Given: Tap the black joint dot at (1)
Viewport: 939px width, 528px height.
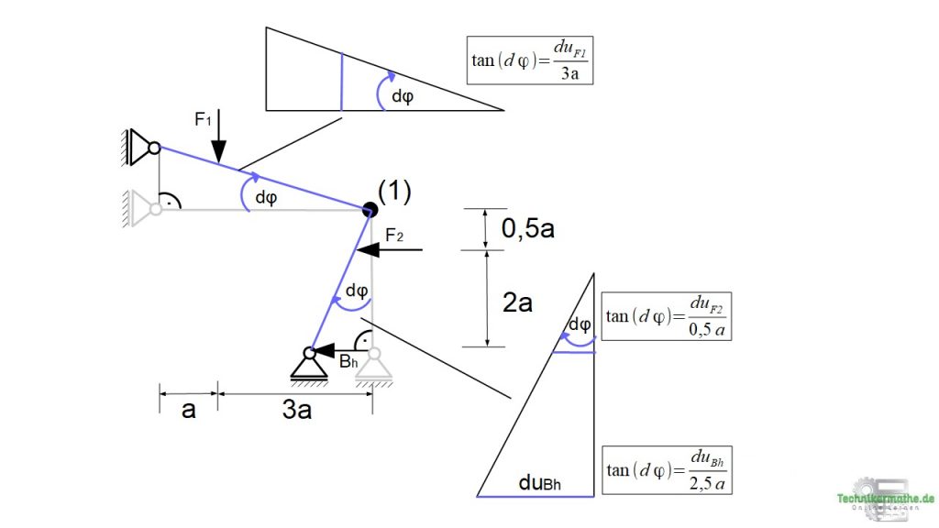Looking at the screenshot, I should pyautogui.click(x=369, y=210).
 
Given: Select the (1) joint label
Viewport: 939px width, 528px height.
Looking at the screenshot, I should pyautogui.click(x=394, y=192).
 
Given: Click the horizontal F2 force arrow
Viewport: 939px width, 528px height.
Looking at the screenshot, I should pyautogui.click(x=390, y=248).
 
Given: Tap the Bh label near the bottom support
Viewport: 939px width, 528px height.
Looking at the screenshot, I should pyautogui.click(x=348, y=362).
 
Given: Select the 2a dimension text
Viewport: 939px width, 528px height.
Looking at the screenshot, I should pyautogui.click(x=518, y=301).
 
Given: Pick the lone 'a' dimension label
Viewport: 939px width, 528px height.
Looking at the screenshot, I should pyautogui.click(x=188, y=410).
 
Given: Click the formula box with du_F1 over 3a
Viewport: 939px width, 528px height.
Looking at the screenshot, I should pyautogui.click(x=528, y=60).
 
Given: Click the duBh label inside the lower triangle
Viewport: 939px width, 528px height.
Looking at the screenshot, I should pyautogui.click(x=540, y=481).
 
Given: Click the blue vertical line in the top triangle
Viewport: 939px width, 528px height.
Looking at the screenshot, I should pyautogui.click(x=341, y=82).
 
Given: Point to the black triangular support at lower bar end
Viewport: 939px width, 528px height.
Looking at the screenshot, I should pyautogui.click(x=310, y=364).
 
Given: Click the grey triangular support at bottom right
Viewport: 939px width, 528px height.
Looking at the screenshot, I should pyautogui.click(x=373, y=365).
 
